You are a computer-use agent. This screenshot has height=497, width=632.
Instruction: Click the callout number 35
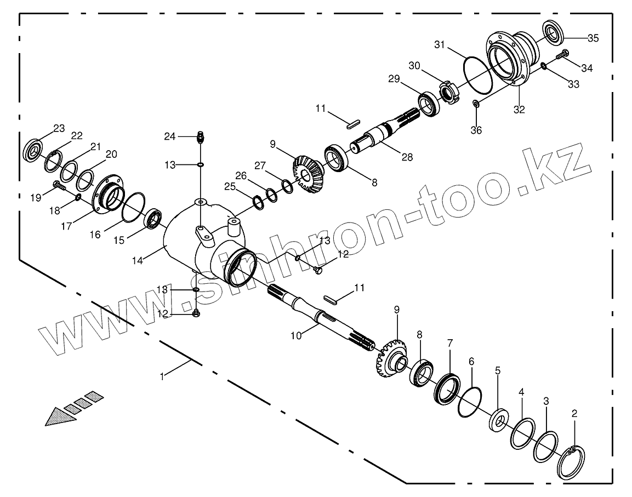coord(593,38)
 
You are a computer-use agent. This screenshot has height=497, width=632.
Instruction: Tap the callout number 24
coord(169,136)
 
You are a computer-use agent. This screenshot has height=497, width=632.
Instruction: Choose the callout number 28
coord(407,157)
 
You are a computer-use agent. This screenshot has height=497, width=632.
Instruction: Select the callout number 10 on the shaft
coord(296,335)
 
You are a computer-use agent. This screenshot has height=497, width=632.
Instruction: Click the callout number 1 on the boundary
coord(162,376)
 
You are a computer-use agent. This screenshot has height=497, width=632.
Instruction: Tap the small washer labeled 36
coord(476,104)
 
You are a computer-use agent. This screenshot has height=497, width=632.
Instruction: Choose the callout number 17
coord(66,225)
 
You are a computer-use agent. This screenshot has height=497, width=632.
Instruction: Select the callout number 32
coord(519,110)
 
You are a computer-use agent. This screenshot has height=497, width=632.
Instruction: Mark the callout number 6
coord(471,362)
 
